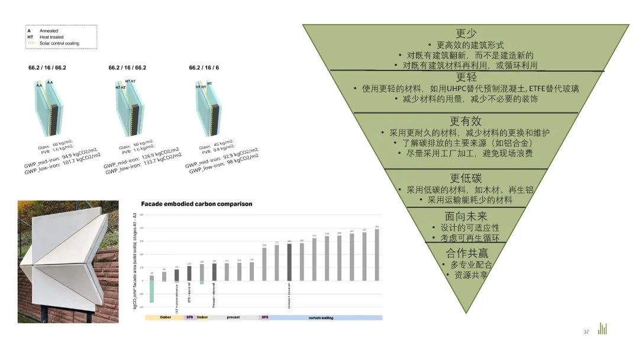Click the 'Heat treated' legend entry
(51, 37)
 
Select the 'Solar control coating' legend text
(59, 43)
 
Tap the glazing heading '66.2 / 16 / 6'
(204, 68)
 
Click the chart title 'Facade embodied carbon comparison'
(196, 204)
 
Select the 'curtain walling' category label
(321, 317)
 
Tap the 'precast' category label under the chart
(233, 317)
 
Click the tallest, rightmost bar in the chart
(377, 255)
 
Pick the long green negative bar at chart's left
(151, 291)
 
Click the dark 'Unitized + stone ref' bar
(289, 262)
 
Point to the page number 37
(586, 332)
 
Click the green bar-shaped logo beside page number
(602, 329)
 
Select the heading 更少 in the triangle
(466, 34)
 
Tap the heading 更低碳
(466, 178)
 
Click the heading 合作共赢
(466, 253)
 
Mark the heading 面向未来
(466, 216)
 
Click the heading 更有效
(466, 121)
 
